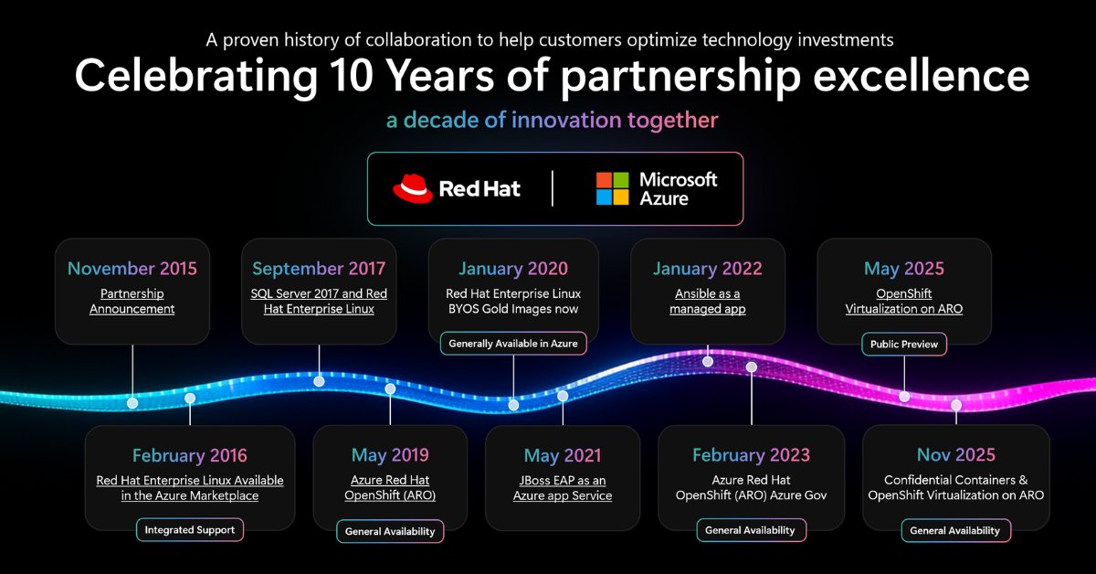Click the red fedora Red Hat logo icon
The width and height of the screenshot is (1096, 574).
tap(412, 188)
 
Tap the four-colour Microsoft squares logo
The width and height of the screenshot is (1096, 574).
tap(612, 188)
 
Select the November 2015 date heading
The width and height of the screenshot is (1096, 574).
tap(132, 269)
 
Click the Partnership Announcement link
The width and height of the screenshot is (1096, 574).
tap(132, 302)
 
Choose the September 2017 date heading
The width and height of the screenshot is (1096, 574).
tap(319, 269)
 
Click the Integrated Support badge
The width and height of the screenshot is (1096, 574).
tap(190, 529)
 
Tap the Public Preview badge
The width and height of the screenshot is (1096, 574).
tap(904, 345)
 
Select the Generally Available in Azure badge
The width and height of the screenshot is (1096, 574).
tap(513, 345)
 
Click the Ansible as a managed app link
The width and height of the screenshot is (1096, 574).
tap(707, 302)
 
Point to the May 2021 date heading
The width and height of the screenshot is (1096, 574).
tap(562, 455)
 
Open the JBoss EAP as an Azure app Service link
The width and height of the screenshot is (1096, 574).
tap(562, 488)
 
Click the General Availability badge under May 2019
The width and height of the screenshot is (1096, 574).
tap(390, 530)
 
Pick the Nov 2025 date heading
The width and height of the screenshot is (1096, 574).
tap(956, 455)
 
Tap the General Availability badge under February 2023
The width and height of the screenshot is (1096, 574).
tap(751, 530)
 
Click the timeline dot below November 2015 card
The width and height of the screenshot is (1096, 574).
tap(132, 402)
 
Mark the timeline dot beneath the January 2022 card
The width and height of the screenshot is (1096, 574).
tap(708, 361)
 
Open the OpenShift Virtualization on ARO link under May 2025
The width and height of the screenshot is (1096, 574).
tap(904, 302)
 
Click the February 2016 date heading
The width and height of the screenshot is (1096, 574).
tap(190, 455)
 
